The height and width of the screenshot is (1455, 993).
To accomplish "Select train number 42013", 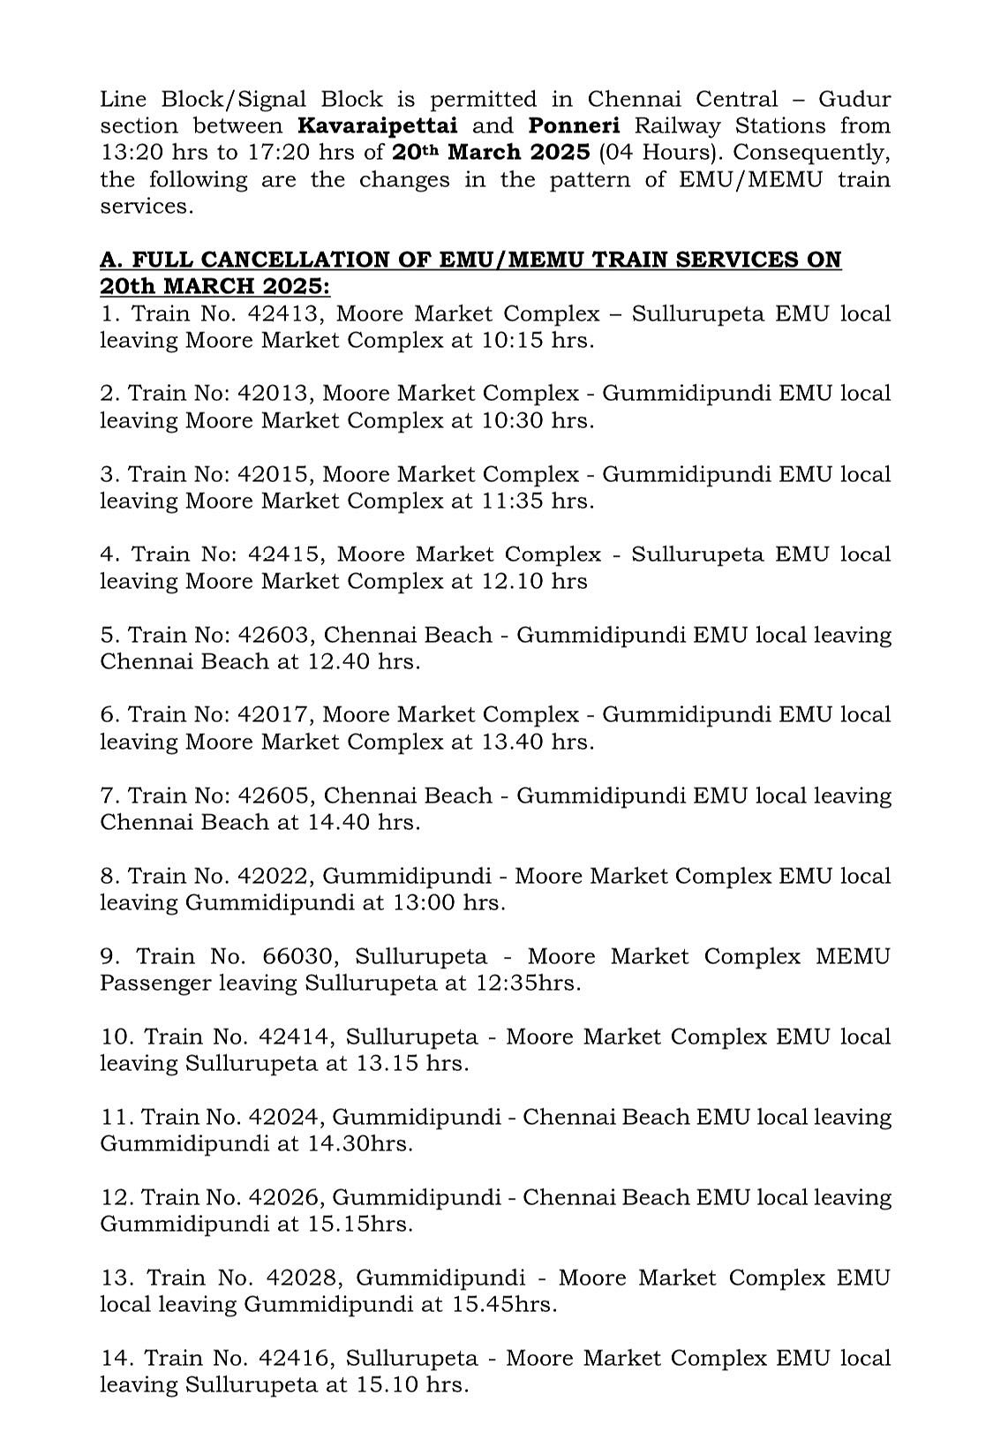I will pyautogui.click(x=275, y=394).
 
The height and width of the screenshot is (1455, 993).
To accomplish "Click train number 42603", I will pyautogui.click(x=275, y=636).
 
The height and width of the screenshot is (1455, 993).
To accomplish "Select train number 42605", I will pyautogui.click(x=275, y=796).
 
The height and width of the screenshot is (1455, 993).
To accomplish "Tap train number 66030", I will pyautogui.click(x=301, y=957).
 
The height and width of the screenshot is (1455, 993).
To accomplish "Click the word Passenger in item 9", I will pyautogui.click(x=155, y=984).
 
